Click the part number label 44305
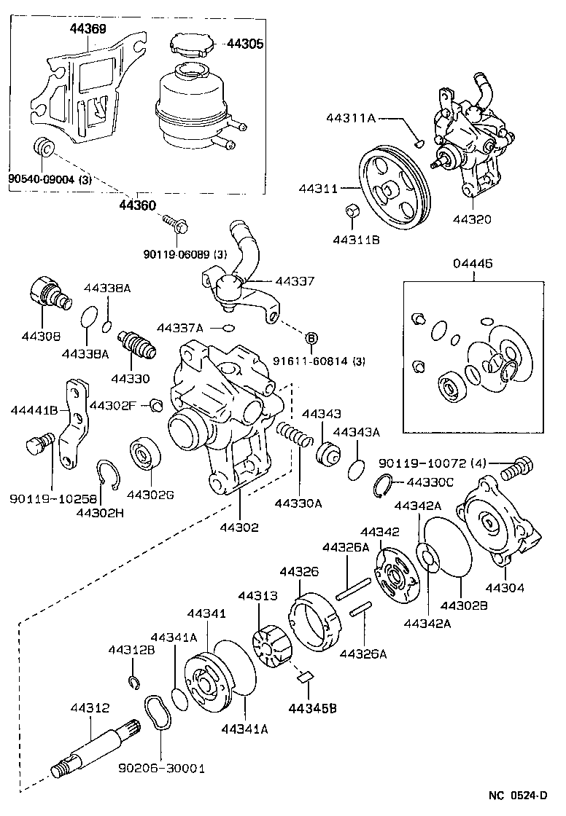[244, 44]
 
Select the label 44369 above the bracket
[88, 29]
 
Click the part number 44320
[470, 219]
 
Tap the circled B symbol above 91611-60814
[311, 337]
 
